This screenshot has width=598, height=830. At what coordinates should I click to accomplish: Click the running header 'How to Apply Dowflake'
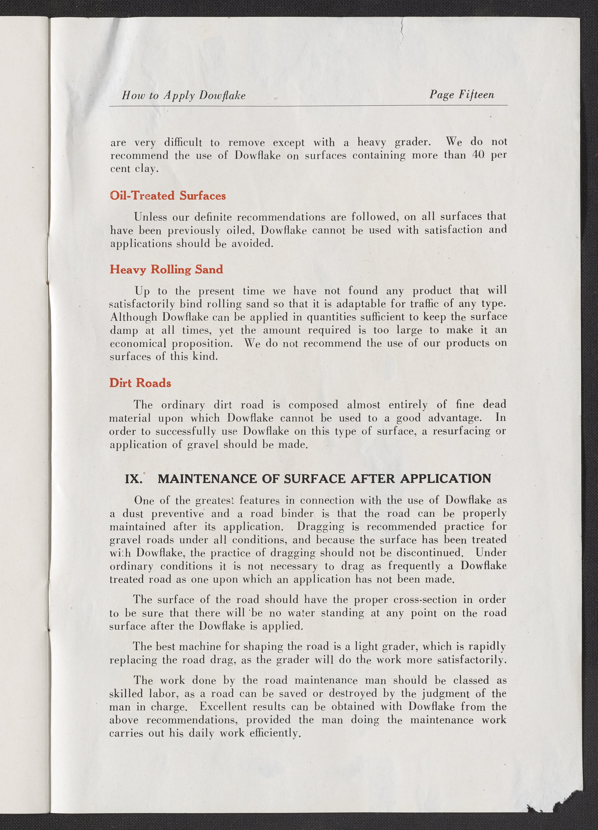(x=184, y=95)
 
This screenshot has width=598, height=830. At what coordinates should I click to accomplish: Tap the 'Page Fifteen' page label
(x=462, y=95)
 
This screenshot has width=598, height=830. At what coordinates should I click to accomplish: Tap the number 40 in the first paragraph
(x=478, y=155)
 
